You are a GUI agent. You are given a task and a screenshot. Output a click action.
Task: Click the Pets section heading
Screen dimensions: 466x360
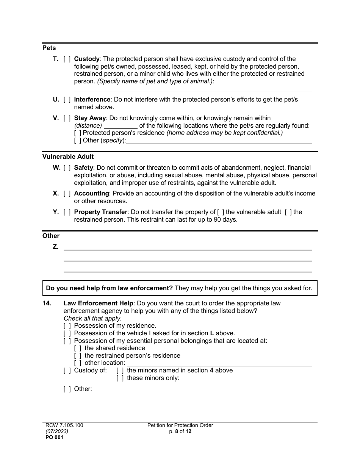49,48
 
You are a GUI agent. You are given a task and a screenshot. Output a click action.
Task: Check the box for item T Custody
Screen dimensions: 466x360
67,59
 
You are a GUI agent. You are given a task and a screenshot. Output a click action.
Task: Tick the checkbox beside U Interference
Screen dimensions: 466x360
67,100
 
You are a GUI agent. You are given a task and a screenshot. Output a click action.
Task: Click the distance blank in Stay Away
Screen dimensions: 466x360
121,126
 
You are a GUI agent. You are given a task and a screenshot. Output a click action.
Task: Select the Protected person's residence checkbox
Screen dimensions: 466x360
78,133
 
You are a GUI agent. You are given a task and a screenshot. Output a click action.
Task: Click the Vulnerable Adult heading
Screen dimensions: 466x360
68,156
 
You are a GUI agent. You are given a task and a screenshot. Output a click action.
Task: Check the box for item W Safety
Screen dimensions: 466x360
67,168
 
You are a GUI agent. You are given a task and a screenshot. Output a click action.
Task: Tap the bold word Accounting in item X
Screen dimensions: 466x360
91,194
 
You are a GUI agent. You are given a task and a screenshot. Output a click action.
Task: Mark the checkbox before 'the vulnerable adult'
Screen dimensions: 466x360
221,212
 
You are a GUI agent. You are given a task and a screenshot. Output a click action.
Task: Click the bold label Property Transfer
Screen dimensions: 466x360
101,212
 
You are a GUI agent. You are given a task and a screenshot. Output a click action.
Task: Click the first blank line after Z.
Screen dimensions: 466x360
188,247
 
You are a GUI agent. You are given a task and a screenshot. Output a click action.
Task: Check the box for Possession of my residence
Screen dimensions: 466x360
67,326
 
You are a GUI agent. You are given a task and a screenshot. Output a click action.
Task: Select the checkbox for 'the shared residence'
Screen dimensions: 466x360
78,348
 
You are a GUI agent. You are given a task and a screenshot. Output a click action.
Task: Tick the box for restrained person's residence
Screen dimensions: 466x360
78,356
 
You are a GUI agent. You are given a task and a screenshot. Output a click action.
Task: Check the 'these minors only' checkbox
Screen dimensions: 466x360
120,378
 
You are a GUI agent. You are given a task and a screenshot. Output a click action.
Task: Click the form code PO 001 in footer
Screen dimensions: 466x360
53,437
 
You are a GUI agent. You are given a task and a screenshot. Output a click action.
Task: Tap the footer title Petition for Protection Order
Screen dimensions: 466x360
180,425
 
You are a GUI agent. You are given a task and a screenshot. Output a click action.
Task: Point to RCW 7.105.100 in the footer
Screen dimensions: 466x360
63,425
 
